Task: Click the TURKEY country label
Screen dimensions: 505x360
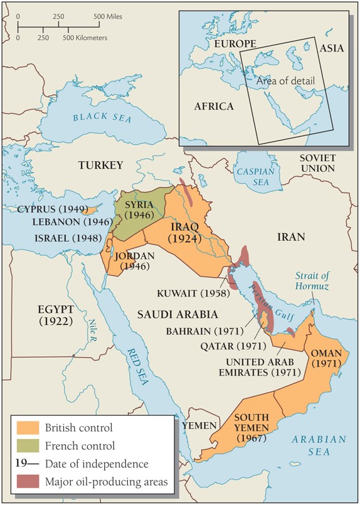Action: (100, 165)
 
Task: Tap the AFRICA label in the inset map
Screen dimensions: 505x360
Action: (213, 106)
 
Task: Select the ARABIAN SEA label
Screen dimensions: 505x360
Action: (318, 446)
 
